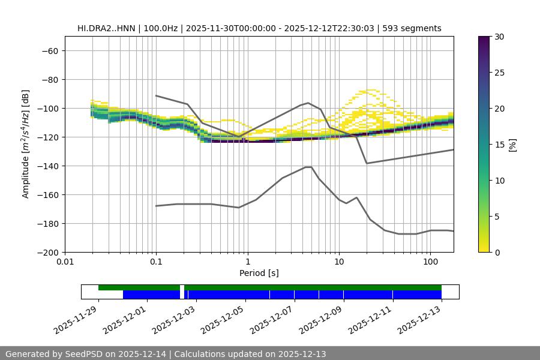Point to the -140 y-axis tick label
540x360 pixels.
(x=49, y=166)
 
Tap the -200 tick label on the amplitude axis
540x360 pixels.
(x=49, y=253)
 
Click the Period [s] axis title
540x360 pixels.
(x=259, y=273)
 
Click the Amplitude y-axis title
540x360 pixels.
(x=26, y=144)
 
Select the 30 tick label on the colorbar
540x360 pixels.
(x=499, y=37)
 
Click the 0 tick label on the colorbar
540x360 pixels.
(x=497, y=253)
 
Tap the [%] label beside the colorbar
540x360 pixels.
(x=512, y=145)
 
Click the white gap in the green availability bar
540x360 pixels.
(x=182, y=288)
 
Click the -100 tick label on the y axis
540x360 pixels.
(x=49, y=109)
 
